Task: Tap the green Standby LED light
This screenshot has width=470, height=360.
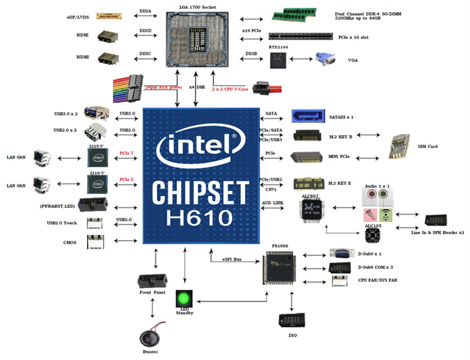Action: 185,297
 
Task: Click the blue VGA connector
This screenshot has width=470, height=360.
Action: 326,61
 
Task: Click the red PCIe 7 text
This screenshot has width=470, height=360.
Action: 127,153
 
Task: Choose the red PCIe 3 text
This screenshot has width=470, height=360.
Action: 127,179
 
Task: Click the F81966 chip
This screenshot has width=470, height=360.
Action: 277,271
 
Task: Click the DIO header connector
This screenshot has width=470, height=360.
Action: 291,322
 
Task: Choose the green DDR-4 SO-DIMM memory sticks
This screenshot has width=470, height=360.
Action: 300,15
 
